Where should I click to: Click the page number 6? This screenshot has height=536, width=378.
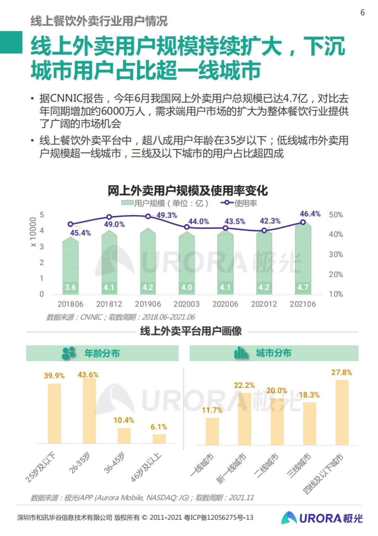pyautogui.click(x=363, y=13)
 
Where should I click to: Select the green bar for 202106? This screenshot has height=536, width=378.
pyautogui.click(x=303, y=259)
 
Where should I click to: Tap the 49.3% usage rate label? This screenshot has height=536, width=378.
pyautogui.click(x=167, y=215)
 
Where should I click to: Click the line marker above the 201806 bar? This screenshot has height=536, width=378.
pyautogui.click(x=71, y=224)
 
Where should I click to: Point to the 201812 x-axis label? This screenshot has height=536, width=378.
pyautogui.click(x=109, y=304)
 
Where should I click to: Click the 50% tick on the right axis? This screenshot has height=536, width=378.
pyautogui.click(x=336, y=215)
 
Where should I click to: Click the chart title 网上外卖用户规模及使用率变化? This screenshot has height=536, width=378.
pyautogui.click(x=188, y=191)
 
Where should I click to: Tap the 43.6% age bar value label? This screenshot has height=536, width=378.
pyautogui.click(x=88, y=375)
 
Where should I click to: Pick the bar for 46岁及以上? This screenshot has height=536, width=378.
pyautogui.click(x=159, y=439)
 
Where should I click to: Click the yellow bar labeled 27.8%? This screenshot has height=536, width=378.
pyautogui.click(x=342, y=412)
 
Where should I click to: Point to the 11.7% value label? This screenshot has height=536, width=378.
pyautogui.click(x=212, y=410)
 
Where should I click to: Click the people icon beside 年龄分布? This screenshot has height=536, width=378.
pyautogui.click(x=69, y=353)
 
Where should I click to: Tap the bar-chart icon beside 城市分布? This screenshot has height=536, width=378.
pyautogui.click(x=241, y=353)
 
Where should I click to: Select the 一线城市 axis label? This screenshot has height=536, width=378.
pyautogui.click(x=203, y=465)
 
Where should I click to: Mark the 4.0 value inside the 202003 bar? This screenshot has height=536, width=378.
pyautogui.click(x=186, y=287)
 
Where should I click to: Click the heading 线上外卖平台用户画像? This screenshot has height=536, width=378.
pyautogui.click(x=191, y=331)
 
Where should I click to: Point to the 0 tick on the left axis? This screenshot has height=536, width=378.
pyautogui.click(x=42, y=294)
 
